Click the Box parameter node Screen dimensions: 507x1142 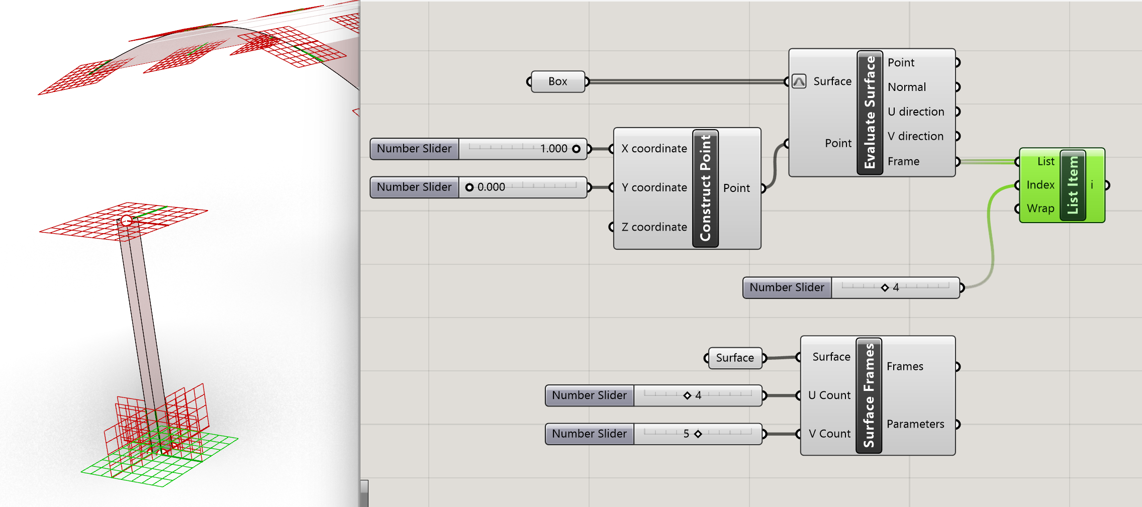point(557,81)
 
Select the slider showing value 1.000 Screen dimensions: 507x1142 point(523,149)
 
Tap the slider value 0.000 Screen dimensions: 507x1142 point(491,187)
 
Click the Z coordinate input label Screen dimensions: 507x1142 point(653,227)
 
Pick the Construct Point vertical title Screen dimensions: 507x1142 point(705,188)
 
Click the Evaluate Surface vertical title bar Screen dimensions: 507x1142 point(870,113)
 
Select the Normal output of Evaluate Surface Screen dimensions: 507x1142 point(906,87)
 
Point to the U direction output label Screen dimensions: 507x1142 point(915,112)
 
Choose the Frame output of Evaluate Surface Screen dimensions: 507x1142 point(903,161)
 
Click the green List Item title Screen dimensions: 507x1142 point(1073,185)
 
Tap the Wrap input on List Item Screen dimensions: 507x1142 point(1040,209)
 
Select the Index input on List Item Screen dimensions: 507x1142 point(1040,185)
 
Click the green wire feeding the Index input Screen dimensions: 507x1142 point(992,236)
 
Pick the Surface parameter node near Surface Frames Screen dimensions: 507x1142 point(734,358)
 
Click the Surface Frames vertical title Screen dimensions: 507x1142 point(869,395)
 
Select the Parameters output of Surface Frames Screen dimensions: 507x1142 point(915,424)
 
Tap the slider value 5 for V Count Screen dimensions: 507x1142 point(687,434)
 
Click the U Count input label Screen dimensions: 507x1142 point(829,395)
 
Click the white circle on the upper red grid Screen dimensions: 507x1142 point(126,220)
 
